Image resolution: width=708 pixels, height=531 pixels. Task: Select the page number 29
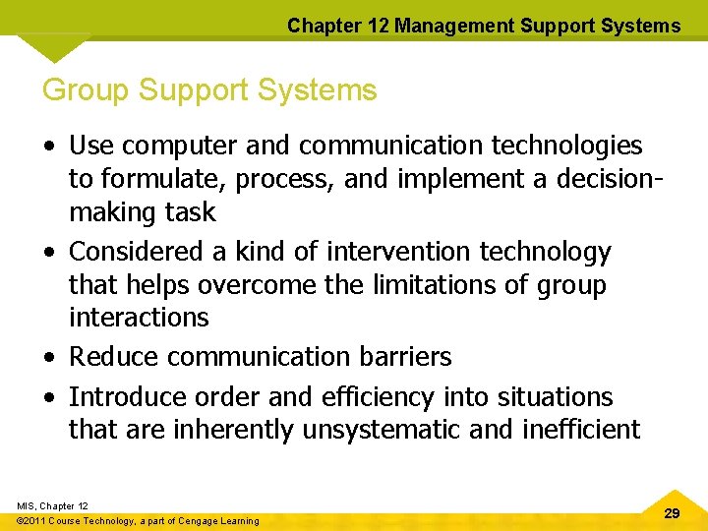pyautogui.click(x=672, y=514)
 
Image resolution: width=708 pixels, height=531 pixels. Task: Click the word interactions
pyautogui.click(x=139, y=318)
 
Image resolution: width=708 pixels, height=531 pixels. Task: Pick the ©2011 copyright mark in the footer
pyautogui.click(x=36, y=521)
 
